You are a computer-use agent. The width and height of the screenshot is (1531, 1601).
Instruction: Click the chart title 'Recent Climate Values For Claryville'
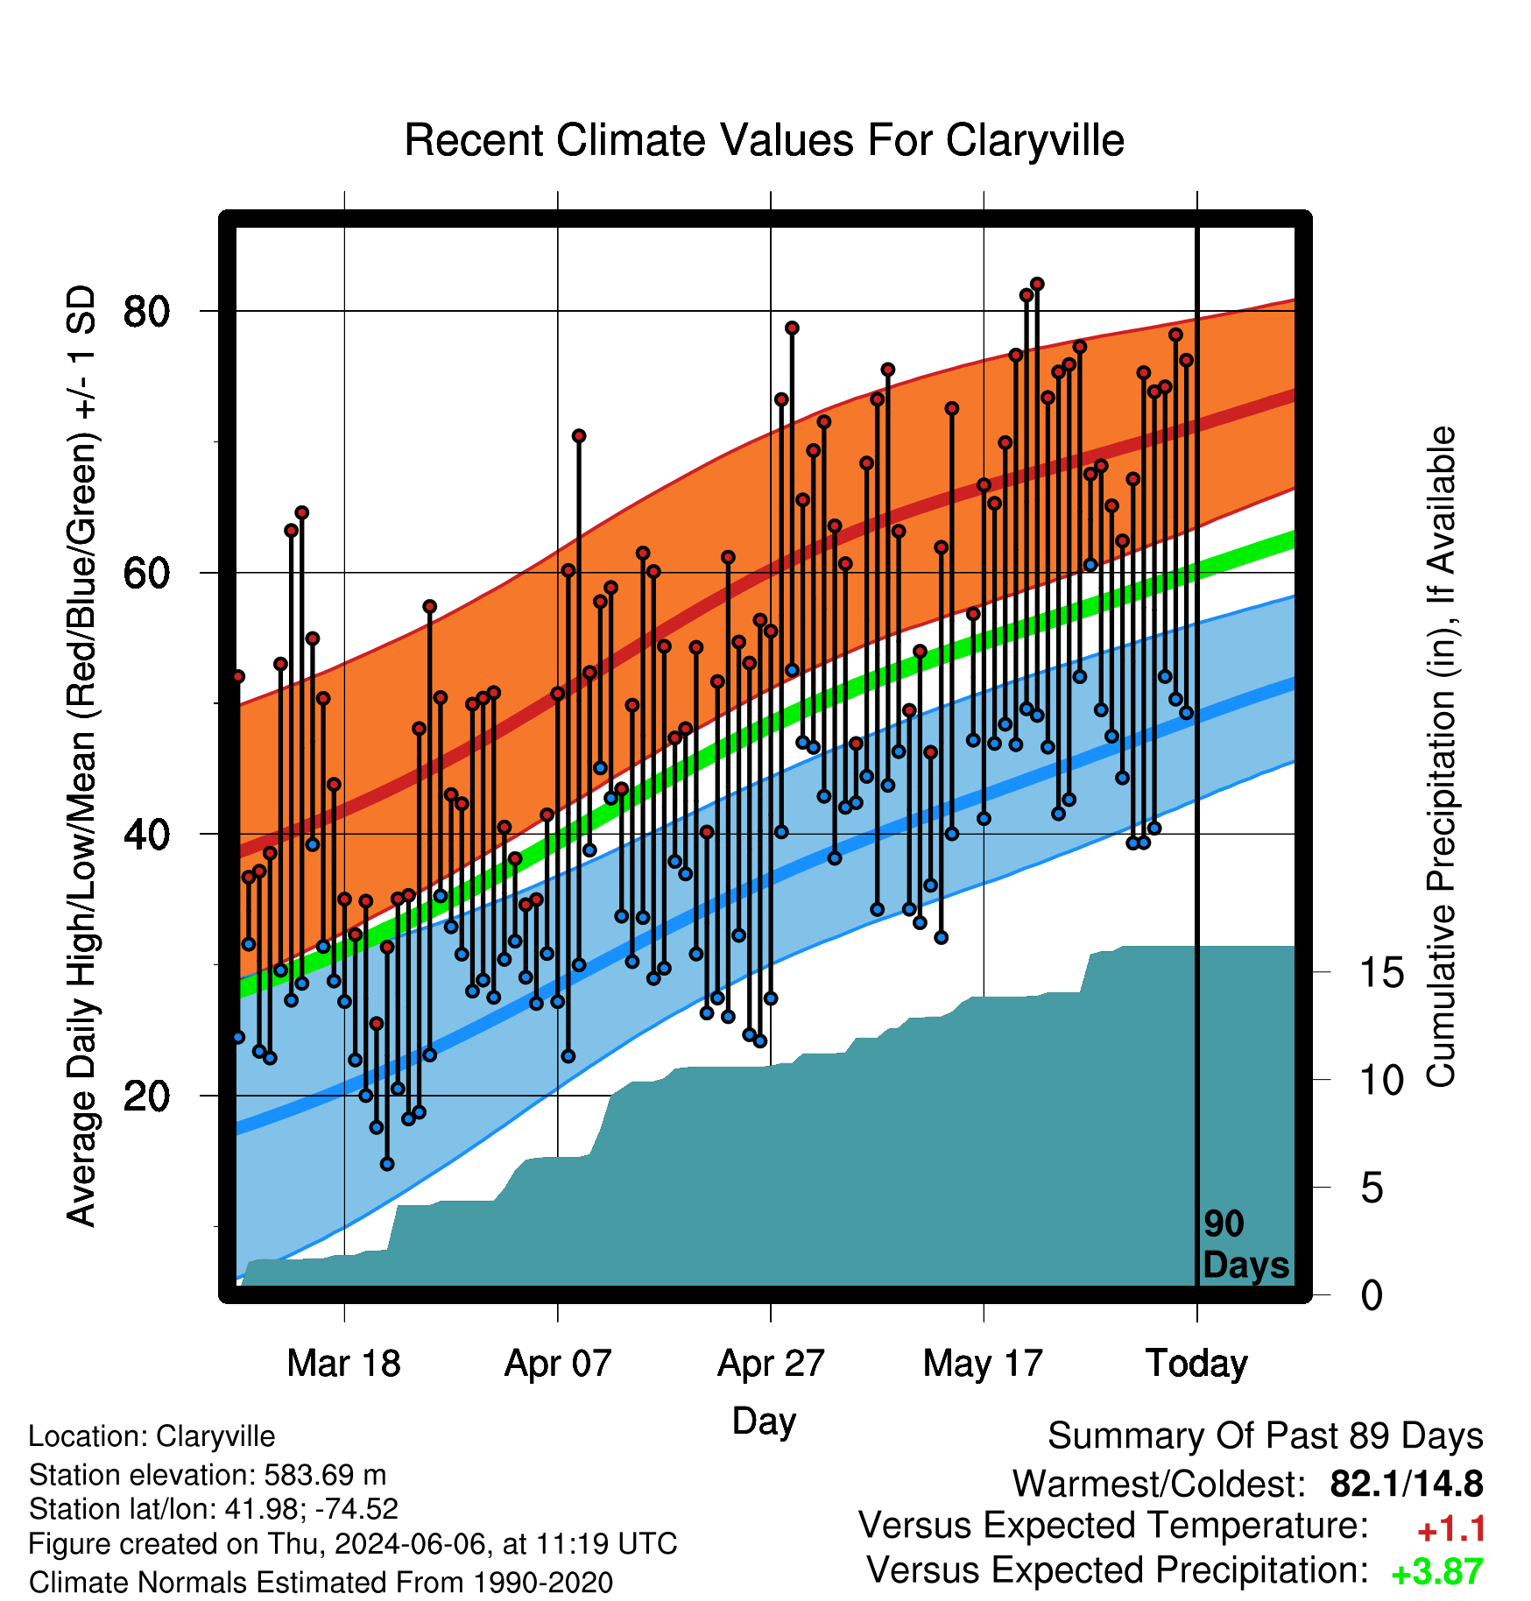point(764,140)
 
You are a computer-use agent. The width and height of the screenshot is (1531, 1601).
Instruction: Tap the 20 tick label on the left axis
point(146,1096)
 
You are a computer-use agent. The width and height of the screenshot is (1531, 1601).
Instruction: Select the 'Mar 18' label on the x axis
point(344,1364)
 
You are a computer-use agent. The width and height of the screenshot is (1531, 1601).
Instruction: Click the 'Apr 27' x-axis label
point(771,1364)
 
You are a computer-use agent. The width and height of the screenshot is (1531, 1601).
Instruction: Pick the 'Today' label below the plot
point(1197,1364)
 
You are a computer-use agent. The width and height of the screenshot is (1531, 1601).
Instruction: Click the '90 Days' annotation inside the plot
point(1245,1245)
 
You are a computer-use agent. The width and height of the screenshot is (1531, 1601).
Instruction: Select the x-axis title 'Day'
point(764,1421)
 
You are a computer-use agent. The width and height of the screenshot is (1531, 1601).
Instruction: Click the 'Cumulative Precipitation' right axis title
point(1441,757)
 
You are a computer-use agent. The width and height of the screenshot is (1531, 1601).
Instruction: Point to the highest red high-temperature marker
point(1037,284)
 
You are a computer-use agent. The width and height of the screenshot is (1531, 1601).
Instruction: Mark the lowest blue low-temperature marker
point(387,1164)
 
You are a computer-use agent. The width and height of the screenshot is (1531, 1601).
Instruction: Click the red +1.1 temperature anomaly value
point(1451,1529)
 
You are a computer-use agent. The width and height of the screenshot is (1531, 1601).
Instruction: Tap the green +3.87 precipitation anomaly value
point(1437,1573)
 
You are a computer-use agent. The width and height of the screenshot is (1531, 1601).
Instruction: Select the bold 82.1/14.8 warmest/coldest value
point(1407,1484)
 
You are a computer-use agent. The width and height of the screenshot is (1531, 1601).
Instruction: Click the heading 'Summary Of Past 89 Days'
point(1266,1436)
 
